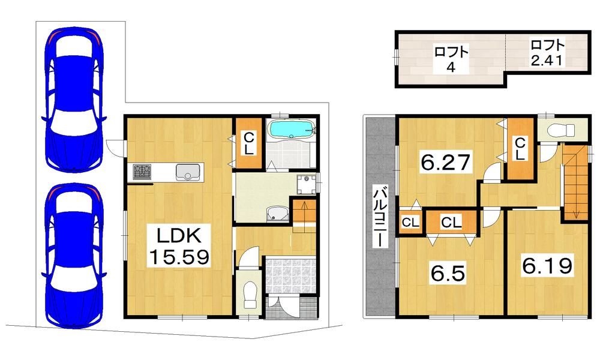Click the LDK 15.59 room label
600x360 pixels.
coord(178,245)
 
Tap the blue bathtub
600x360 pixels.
coord(292,130)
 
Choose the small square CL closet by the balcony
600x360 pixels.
coord(410,223)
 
